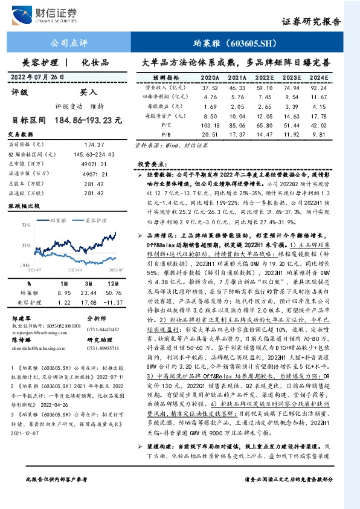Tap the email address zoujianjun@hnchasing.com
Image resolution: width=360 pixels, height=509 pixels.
pos(37,331)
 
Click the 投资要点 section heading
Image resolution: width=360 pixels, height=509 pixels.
pos(149,164)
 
